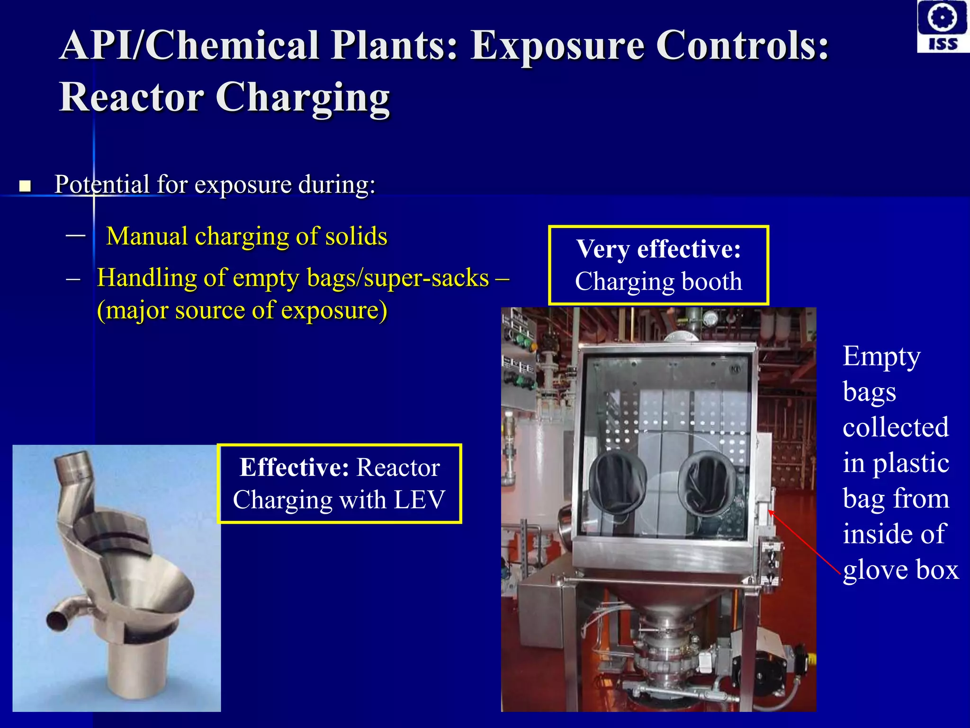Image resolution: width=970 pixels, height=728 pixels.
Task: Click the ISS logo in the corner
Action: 943,26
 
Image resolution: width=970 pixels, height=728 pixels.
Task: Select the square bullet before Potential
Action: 25,186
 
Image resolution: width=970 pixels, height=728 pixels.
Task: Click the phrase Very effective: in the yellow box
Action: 658,249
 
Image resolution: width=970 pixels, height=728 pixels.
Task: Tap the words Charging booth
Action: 658,282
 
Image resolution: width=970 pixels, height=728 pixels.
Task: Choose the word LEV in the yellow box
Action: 419,500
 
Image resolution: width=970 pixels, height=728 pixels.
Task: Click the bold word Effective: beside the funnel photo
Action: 294,467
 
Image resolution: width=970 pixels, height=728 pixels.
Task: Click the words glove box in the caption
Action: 900,570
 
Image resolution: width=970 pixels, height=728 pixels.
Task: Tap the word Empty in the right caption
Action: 881,356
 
